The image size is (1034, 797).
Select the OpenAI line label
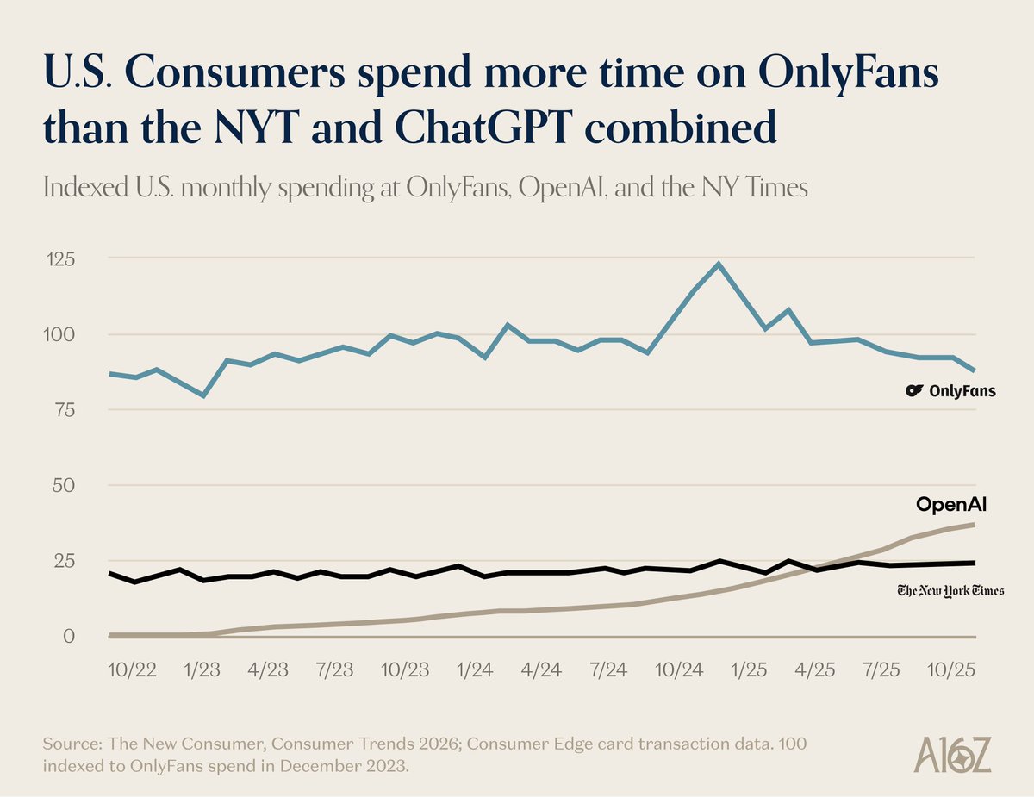coord(950,505)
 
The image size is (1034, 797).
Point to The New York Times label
coord(950,590)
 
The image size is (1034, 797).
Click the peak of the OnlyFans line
coord(719,264)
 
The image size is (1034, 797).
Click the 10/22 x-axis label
coord(133,669)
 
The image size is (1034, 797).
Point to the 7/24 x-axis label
coord(611,669)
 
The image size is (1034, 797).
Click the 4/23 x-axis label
coord(268,669)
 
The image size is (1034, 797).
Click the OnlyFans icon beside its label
coord(914,391)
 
